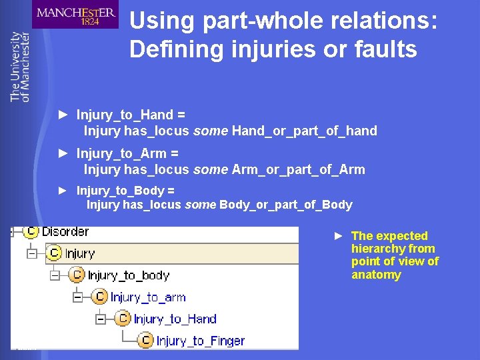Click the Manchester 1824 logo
[75, 15]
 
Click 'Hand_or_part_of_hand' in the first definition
[305, 131]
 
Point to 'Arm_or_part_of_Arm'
[299, 169]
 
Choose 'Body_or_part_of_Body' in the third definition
[286, 205]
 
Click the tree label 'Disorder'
[65, 232]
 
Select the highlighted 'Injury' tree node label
[80, 253]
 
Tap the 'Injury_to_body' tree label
[129, 275]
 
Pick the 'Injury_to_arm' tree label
[148, 297]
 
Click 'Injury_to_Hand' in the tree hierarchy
[175, 319]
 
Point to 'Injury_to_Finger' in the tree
[201, 341]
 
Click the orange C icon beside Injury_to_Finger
[146, 341]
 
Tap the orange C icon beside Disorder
[31, 231]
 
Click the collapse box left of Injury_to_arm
[77, 297]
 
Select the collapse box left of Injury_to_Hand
[100, 319]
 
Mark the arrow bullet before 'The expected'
[339, 236]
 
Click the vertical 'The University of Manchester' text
[20, 67]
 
